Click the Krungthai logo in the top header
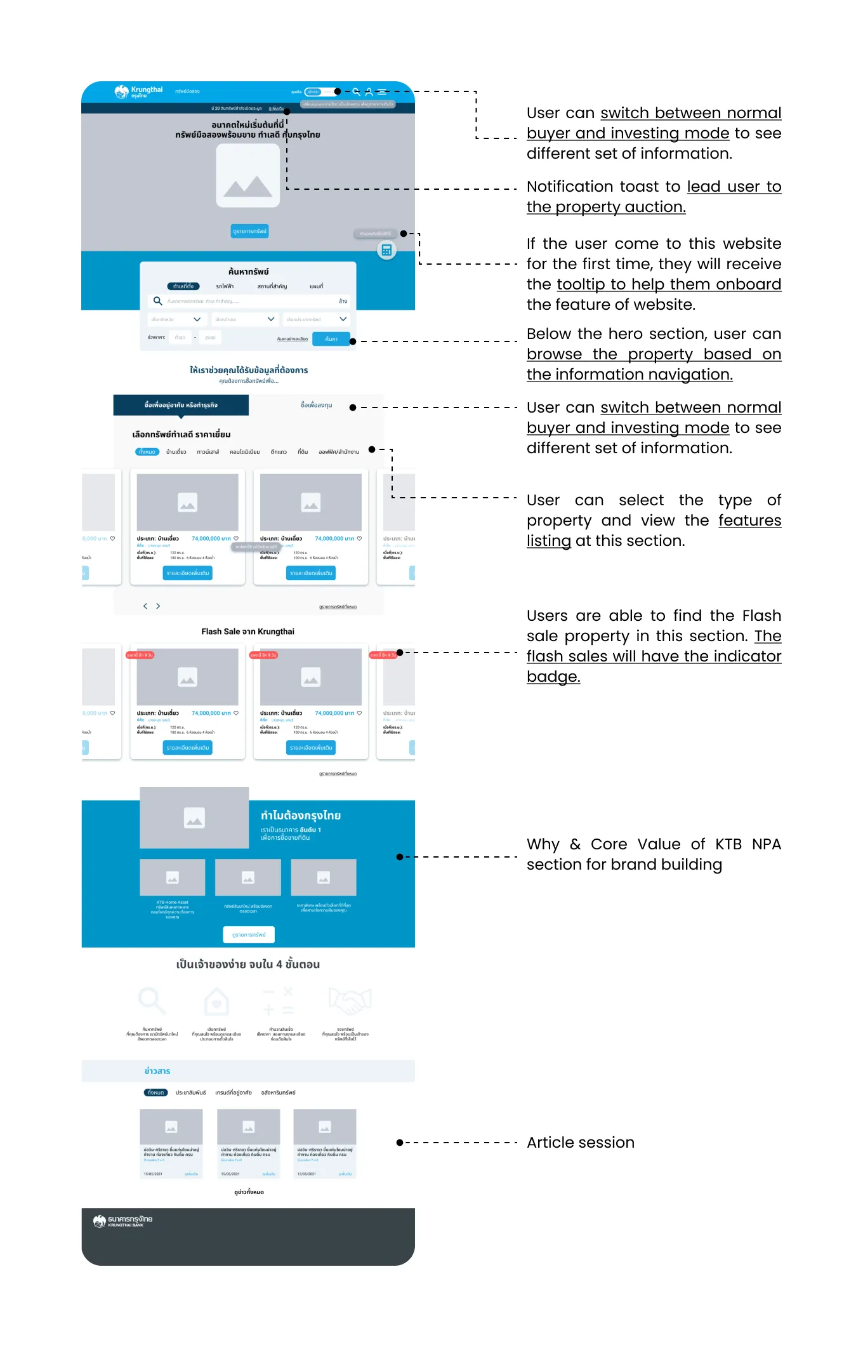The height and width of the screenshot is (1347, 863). click(138, 92)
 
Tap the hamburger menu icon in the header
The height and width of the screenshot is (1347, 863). click(382, 92)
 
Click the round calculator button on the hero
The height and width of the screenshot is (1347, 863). click(386, 250)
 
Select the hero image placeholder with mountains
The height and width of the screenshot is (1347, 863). click(248, 176)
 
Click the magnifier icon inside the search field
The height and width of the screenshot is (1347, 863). click(158, 301)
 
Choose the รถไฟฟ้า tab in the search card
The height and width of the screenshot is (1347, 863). click(225, 286)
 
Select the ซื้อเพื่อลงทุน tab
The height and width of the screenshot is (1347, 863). click(316, 405)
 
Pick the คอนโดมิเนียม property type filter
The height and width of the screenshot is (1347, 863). click(244, 452)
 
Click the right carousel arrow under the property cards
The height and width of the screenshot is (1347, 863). click(158, 606)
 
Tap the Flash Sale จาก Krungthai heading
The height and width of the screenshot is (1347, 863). click(247, 632)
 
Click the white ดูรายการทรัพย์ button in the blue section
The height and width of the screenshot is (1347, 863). click(249, 934)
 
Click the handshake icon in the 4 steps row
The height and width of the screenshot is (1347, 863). click(350, 1002)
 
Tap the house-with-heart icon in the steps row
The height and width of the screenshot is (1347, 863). click(216, 1002)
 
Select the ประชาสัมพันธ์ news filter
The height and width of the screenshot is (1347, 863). click(190, 1092)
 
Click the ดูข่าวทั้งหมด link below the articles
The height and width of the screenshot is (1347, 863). click(249, 1192)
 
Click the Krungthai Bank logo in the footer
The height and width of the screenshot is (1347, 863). click(122, 1221)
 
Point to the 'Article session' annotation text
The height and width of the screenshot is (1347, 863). click(580, 1143)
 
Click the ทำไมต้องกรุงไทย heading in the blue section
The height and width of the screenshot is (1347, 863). click(301, 816)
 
